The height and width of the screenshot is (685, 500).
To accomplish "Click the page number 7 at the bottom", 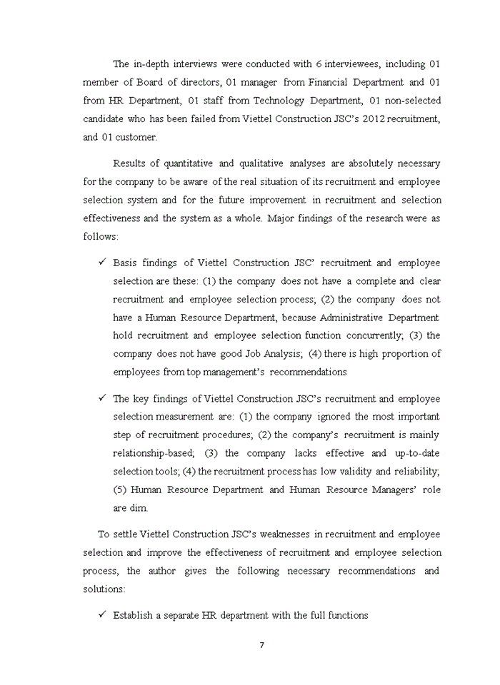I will [261, 645].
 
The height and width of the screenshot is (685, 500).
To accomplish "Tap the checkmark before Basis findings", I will [102, 263].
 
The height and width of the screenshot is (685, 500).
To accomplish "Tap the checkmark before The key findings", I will [102, 398].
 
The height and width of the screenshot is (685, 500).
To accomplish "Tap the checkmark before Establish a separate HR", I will [102, 614].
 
